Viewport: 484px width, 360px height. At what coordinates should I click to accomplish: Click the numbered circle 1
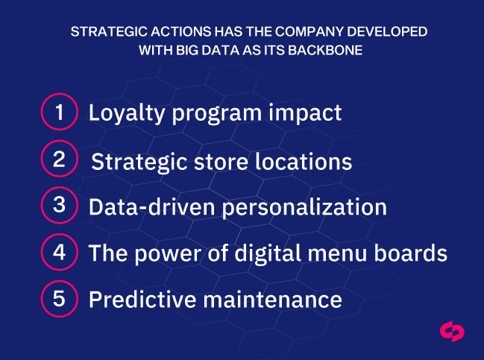59,113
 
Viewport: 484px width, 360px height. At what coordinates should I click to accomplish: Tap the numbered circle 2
59,159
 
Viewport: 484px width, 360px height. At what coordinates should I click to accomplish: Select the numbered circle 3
59,206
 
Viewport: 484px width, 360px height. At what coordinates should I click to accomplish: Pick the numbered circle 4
59,252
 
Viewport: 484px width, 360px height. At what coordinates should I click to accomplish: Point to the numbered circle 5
59,299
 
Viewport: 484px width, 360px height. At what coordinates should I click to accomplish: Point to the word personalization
303,207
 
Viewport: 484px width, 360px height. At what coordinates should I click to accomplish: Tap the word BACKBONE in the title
333,51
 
